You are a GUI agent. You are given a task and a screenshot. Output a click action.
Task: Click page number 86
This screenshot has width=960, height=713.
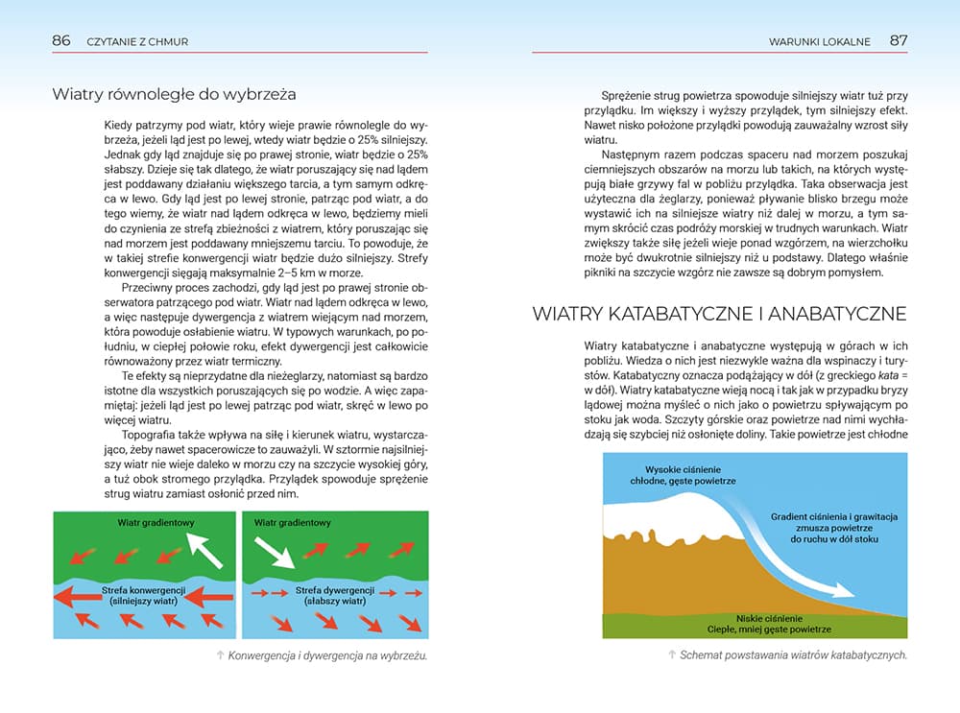tap(61, 40)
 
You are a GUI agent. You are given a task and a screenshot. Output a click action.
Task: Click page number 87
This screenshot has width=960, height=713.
tap(898, 40)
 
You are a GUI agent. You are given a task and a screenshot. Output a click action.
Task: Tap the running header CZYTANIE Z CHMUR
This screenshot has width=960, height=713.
tap(136, 41)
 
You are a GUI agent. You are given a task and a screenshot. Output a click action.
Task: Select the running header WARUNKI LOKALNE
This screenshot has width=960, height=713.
tap(820, 41)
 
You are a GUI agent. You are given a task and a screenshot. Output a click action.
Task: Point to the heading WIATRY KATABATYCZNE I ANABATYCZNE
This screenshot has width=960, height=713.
tap(717, 313)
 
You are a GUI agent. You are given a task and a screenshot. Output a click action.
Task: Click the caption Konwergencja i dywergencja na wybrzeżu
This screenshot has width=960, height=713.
tap(321, 656)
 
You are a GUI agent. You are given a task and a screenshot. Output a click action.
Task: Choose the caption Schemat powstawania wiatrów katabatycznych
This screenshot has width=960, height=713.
tap(792, 655)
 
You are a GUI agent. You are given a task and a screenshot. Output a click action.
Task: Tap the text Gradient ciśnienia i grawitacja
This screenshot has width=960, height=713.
tap(833, 516)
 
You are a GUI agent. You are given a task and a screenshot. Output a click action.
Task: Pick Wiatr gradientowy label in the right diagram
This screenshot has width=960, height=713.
tap(293, 523)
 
